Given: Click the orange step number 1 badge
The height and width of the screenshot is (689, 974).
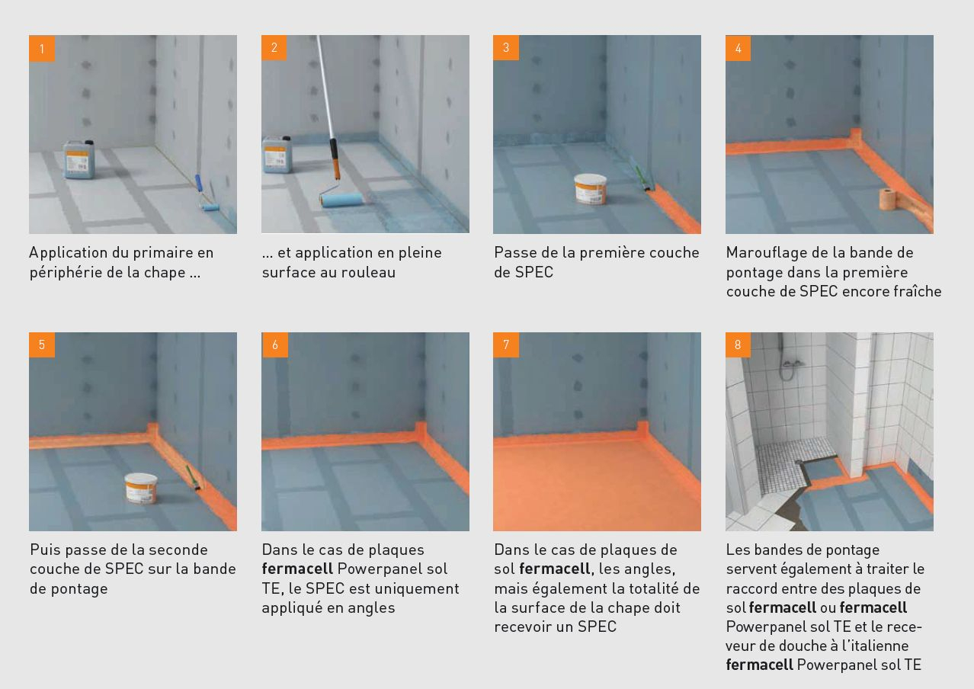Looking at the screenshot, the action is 42,48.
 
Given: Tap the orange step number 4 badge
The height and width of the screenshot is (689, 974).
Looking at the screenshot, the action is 738,48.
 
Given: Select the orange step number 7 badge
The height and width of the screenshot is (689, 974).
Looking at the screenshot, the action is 506,345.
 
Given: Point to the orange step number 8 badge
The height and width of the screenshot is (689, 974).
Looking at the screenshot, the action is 738,345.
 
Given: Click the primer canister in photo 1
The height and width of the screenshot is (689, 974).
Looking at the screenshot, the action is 79,159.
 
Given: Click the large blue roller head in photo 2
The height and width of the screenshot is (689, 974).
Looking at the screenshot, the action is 341,200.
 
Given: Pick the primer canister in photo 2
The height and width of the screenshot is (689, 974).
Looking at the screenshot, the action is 276,155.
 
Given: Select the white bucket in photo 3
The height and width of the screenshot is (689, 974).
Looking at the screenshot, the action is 590,188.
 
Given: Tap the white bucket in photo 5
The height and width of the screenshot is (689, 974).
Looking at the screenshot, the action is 141,488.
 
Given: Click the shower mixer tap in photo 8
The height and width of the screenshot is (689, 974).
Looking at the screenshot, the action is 791,364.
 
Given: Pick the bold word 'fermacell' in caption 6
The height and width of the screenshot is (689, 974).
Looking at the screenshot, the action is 297,569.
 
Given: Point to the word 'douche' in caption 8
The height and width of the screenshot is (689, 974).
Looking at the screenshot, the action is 799,646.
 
